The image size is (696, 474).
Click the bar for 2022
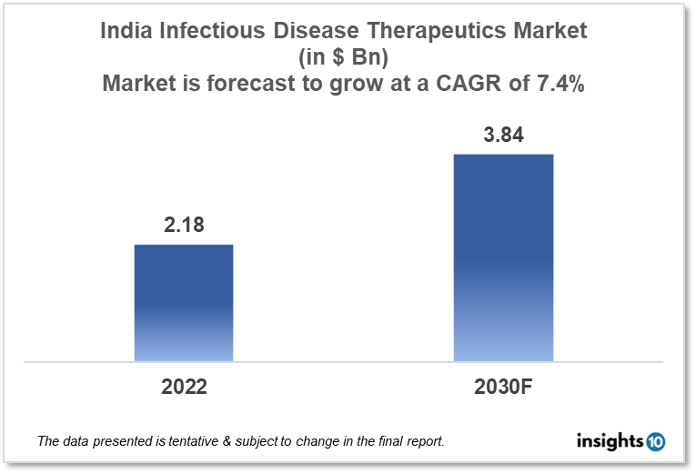[184, 303]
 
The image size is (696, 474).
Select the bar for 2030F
[503, 257]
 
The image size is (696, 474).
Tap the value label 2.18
[184, 227]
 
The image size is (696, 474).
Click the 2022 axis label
[184, 386]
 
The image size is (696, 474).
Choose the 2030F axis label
[503, 386]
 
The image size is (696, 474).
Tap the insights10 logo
[621, 442]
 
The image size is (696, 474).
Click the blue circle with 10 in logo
[656, 442]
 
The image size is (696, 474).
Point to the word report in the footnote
[421, 442]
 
